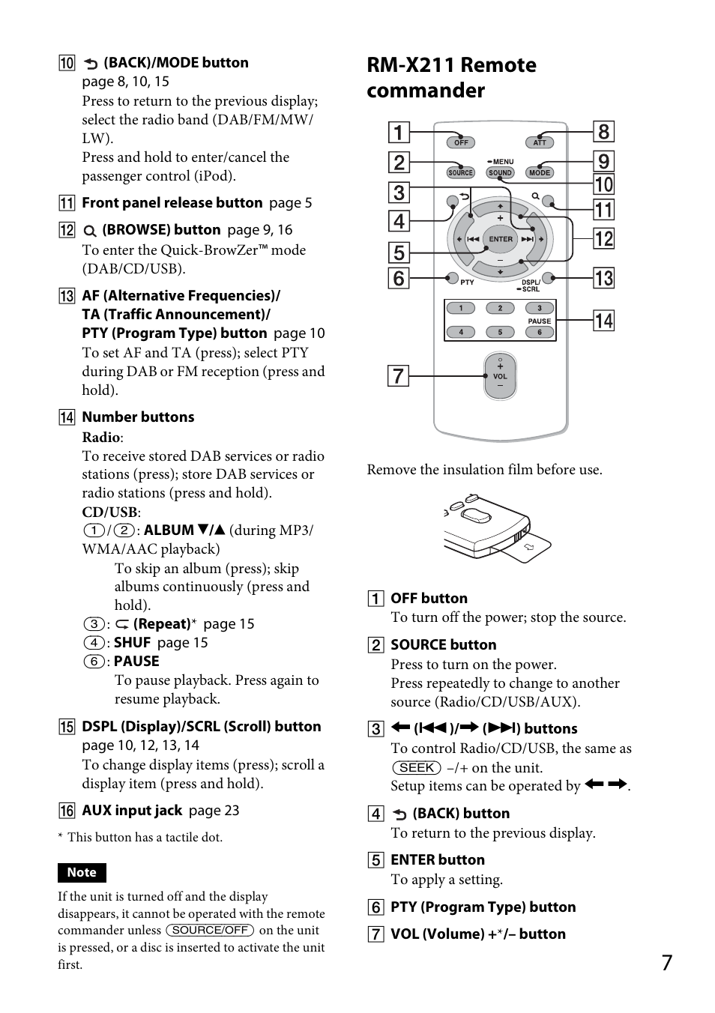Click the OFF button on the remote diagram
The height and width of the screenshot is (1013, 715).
461,142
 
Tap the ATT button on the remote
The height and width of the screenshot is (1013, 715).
540,142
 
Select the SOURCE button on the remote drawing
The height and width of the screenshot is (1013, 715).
460,172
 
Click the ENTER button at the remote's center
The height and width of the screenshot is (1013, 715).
501,240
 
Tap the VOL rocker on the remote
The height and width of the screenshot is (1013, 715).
500,376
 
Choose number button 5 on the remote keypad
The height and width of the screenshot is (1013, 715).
500,332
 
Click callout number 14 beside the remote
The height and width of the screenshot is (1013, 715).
603,321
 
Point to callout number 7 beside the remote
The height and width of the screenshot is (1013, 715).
398,375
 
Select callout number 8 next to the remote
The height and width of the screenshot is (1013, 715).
603,132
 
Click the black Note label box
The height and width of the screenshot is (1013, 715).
82,872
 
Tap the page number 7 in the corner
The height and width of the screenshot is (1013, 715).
666,963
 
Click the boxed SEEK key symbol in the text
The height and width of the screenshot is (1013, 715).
416,767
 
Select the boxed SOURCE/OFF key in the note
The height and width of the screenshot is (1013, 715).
210,930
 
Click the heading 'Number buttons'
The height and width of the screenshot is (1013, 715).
138,417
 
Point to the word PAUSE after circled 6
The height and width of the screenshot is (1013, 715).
136,661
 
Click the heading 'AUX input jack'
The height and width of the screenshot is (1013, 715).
132,810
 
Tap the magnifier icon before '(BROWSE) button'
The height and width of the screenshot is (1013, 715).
89,231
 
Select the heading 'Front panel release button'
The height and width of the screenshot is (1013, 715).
172,202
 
